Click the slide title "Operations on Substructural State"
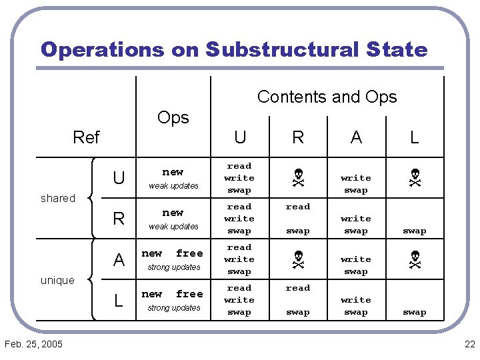coord(233,49)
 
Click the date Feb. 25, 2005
coord(33,344)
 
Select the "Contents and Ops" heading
coord(327,97)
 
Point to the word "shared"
coord(58,198)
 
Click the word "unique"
coord(57,280)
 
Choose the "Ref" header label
coord(86,137)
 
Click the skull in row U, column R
coord(298,178)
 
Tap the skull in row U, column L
coord(414,178)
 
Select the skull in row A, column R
coord(298,259)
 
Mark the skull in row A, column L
coord(414,259)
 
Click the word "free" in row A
coord(189,254)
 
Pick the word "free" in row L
coord(189,295)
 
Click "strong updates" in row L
coord(173,308)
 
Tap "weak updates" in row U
coord(173,186)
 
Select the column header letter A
coord(356,137)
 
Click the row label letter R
coord(119,219)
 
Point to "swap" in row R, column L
coord(414,231)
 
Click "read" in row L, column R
coord(298,288)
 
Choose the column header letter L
coord(414,137)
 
